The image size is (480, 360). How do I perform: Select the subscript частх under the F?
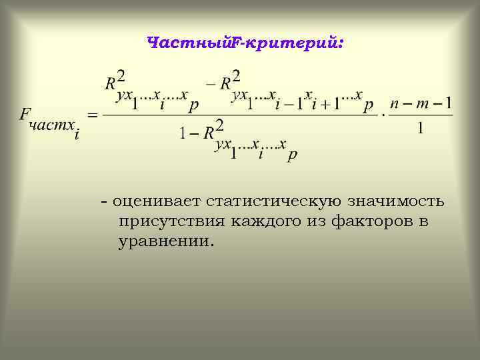pos(51,126)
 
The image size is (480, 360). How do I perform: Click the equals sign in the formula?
pos(93,115)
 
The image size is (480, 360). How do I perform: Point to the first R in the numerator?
pos(111,83)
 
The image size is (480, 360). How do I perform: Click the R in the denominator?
pos(207,132)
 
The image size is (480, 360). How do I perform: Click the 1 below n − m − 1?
pos(420,129)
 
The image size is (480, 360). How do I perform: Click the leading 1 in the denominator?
pos(182,133)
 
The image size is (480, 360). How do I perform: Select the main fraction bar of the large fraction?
pos(240,115)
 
